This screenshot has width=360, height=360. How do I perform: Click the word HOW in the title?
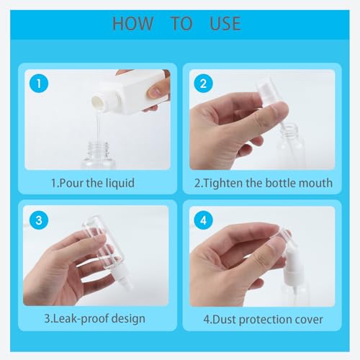132,24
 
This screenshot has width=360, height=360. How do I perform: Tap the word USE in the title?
225,24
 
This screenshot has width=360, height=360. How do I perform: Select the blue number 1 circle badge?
39,84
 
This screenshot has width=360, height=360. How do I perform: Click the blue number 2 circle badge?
203,84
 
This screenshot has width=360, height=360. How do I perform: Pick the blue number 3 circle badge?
39,220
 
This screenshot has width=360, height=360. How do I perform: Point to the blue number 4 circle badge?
203,220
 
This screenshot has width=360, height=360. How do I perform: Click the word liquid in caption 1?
120,184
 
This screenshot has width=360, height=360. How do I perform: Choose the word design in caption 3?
128,319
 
